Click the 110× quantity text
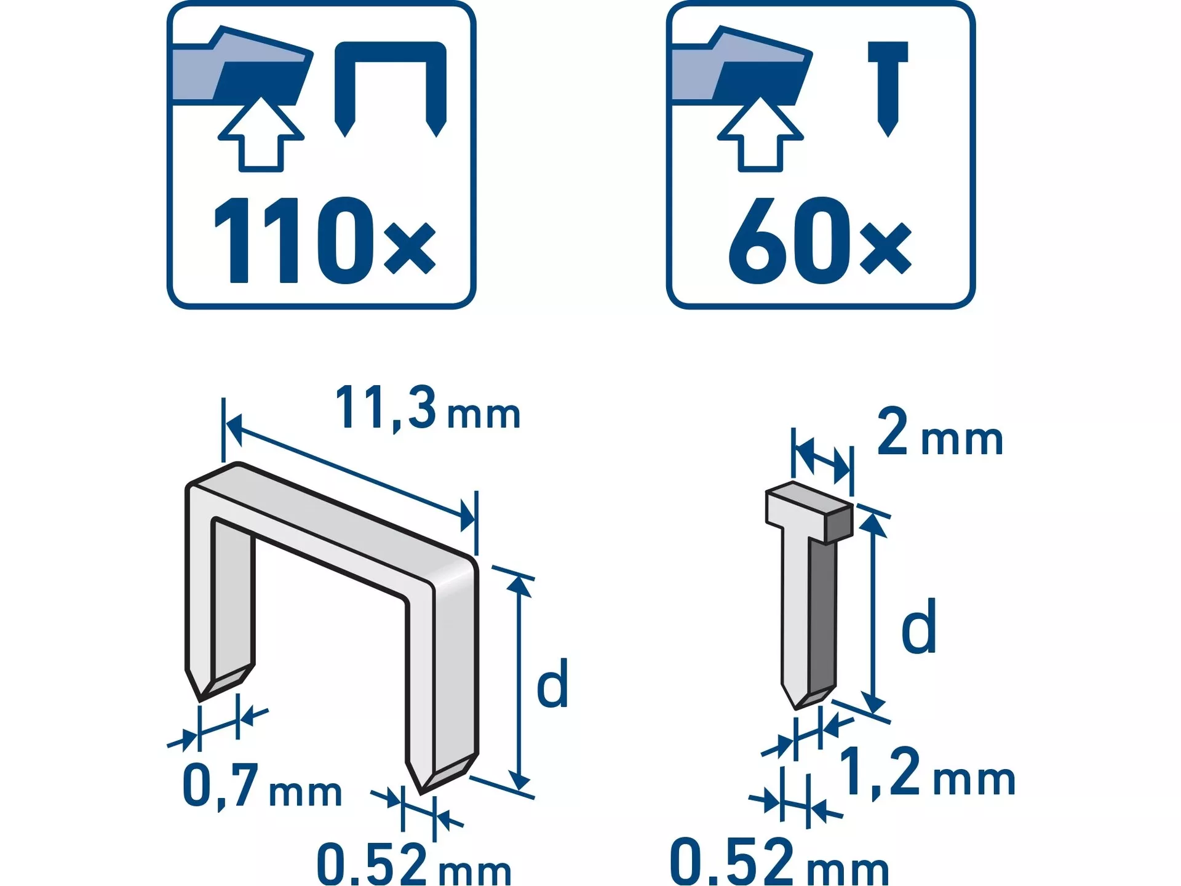click(324, 241)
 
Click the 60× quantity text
click(820, 241)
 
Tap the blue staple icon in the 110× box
click(391, 88)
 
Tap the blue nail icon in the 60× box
click(888, 88)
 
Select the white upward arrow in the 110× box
click(261, 135)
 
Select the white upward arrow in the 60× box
click(761, 135)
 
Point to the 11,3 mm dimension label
click(427, 409)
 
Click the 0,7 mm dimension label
click(263, 786)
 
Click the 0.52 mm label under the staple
click(414, 864)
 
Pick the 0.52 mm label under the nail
click(779, 861)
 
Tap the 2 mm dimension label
click(940, 433)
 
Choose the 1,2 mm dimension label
click(927, 773)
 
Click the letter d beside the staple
click(552, 683)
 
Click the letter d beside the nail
click(919, 626)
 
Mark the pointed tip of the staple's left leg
click(200, 701)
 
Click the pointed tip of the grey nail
click(796, 709)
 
